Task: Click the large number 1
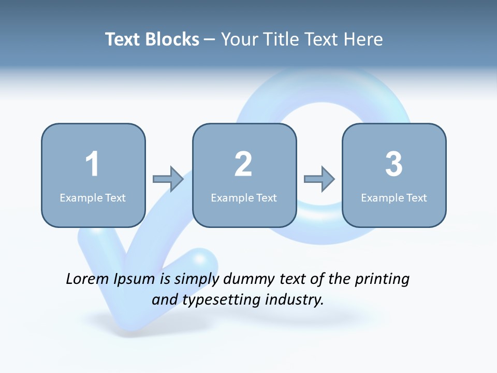[92, 164]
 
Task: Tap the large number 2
[243, 164]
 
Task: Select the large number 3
[394, 164]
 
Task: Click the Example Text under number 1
[93, 197]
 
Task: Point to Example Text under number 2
[244, 197]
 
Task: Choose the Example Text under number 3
[394, 197]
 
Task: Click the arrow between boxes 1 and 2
[168, 179]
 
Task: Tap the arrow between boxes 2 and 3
[319, 179]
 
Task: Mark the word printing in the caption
[382, 280]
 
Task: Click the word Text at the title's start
[123, 39]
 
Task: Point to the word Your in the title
[240, 39]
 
